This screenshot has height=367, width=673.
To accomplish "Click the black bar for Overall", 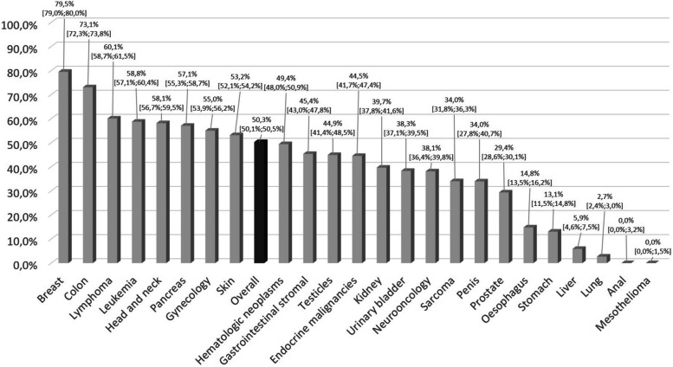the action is [x=261, y=201].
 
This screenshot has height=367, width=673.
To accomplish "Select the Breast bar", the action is [x=65, y=166].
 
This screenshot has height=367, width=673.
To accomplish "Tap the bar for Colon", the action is [x=89, y=174].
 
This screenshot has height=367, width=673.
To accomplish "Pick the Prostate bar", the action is [x=506, y=227].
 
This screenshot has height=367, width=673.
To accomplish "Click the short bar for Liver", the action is [x=579, y=254].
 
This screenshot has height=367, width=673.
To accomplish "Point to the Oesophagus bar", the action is [x=530, y=244].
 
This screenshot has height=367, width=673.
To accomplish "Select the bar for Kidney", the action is [x=384, y=214].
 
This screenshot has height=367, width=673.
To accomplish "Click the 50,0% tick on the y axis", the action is [x=20, y=145].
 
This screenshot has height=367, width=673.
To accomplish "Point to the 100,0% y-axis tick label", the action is [x=20, y=24].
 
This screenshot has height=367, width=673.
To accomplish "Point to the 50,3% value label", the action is [x=261, y=122].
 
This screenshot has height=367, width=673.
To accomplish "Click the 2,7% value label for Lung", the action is [x=605, y=197].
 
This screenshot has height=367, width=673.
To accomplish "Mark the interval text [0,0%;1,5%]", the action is [x=652, y=251].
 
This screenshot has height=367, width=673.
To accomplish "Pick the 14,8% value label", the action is [x=529, y=175].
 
